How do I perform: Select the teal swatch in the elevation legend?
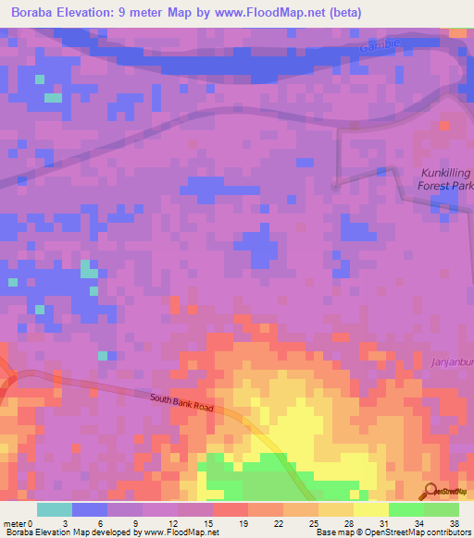point(55,509)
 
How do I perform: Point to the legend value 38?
point(453,522)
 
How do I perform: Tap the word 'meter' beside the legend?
point(13,522)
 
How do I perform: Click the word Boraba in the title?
point(33,13)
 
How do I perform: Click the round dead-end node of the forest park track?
point(335,186)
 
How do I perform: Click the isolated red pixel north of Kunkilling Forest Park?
point(443,124)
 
